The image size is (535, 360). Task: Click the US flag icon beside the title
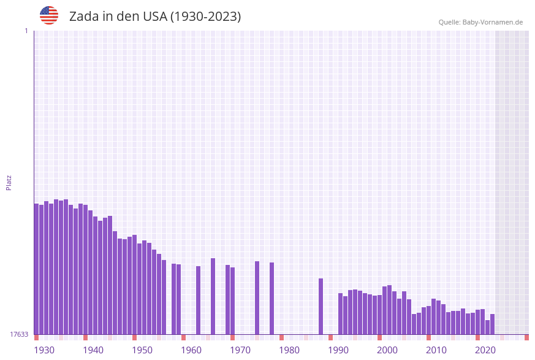coord(49,15)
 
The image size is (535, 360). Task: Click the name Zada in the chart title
coord(84,17)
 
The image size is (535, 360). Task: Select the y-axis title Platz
coord(9,182)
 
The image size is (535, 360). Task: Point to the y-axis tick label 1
coord(26,31)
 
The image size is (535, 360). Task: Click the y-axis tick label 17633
coord(19,334)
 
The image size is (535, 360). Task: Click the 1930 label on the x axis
coord(44,350)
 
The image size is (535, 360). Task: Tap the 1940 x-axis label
coord(93,350)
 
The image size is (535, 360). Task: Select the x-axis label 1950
coord(142,350)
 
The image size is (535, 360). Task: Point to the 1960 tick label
coord(191,350)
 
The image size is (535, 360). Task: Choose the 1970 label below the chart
coord(240,350)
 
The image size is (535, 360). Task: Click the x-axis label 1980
coord(289,350)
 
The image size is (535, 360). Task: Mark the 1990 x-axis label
coord(338,350)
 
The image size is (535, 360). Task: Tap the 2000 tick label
coord(387,350)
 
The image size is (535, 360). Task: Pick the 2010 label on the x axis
coord(436,350)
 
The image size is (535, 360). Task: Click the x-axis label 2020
coord(485,350)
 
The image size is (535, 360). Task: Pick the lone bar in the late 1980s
coord(321,306)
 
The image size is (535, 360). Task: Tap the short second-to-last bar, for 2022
coord(487,327)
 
